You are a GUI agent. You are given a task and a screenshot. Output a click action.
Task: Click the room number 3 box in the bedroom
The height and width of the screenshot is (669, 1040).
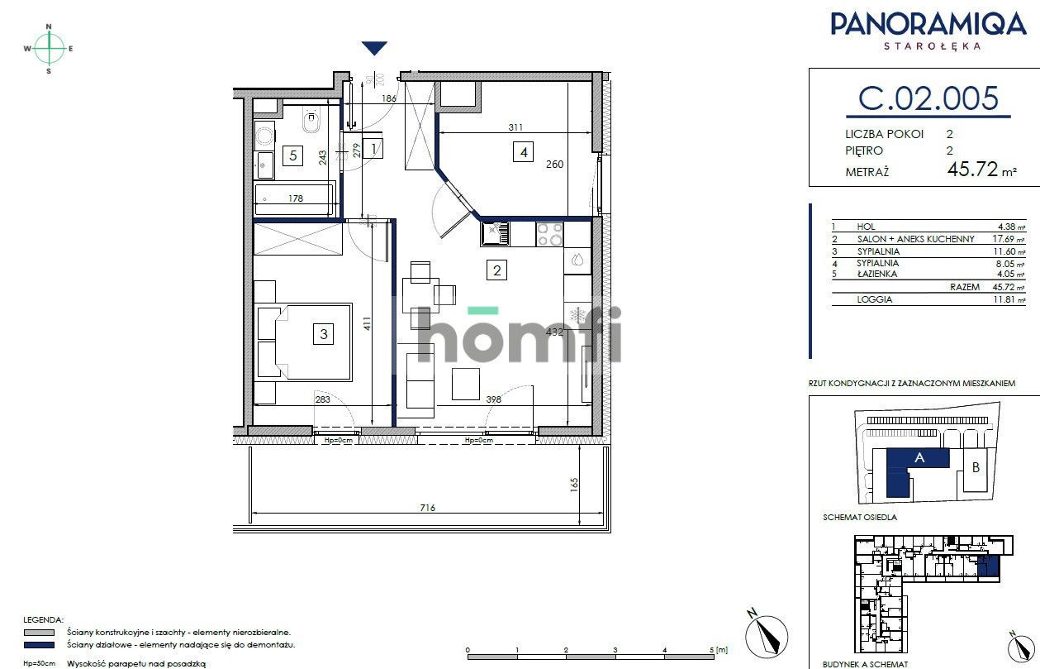[325, 334]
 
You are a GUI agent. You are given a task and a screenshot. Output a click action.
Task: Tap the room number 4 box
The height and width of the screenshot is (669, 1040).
[521, 152]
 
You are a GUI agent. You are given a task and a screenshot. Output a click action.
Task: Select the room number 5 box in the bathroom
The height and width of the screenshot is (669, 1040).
[291, 154]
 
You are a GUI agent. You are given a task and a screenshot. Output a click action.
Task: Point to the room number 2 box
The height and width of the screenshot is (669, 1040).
[496, 270]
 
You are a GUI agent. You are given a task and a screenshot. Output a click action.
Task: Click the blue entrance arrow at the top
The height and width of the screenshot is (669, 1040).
[375, 49]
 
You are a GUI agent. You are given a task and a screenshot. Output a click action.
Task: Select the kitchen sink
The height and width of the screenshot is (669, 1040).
[495, 235]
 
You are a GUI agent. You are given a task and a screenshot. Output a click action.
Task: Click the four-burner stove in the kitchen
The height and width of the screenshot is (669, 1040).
[549, 235]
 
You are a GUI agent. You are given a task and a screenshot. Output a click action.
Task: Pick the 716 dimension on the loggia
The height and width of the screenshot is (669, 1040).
[426, 508]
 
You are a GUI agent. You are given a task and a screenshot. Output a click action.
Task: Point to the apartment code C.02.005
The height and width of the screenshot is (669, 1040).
[928, 98]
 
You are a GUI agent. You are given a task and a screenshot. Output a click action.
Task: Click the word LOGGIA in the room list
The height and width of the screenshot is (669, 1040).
[875, 299]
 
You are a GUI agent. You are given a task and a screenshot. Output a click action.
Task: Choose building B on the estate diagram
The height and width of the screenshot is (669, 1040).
[976, 468]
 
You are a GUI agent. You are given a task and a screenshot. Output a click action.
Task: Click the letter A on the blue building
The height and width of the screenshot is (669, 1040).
[919, 457]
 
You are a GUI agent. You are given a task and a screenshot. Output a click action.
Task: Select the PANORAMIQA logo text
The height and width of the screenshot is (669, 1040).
[928, 24]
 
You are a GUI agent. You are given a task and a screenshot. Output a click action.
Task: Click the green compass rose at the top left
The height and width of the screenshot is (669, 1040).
[49, 49]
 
